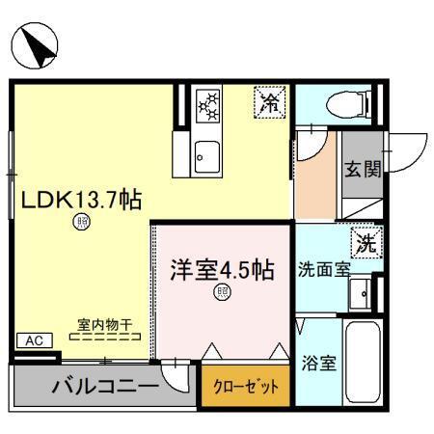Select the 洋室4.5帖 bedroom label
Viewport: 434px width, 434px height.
click(222, 271)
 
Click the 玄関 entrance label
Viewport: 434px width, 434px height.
click(363, 170)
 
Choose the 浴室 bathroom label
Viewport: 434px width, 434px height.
click(317, 367)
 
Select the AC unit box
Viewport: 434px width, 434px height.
click(33, 341)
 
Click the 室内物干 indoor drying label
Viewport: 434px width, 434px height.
click(105, 325)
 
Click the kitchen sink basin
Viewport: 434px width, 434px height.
click(206, 150)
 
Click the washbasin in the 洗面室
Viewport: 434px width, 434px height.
click(363, 292)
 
